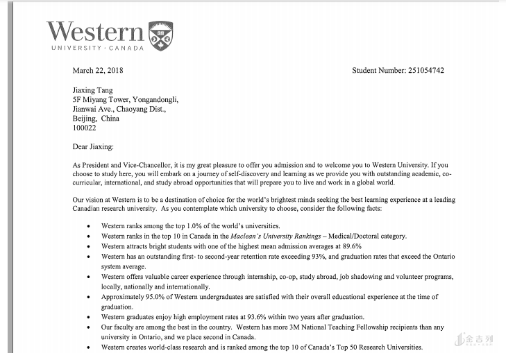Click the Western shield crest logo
point(161,35)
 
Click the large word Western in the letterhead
point(95,31)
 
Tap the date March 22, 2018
point(98,70)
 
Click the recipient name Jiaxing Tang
point(92,89)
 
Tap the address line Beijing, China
point(96,119)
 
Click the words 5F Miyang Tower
point(98,99)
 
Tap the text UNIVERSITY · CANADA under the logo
point(97,49)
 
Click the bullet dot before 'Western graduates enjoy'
point(88,317)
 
